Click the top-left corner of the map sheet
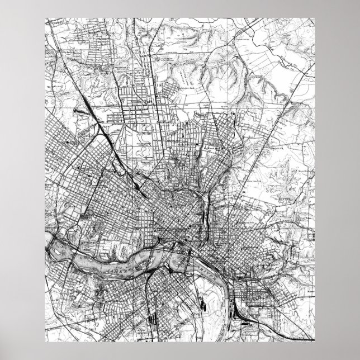45,17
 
